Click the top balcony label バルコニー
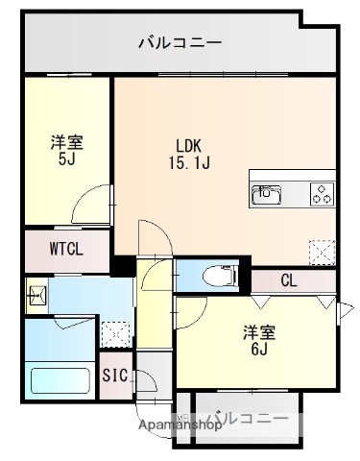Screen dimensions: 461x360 point(180,42)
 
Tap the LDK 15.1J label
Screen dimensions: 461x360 point(188,154)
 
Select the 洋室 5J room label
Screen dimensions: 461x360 point(67,152)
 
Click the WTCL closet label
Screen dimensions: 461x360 point(67,248)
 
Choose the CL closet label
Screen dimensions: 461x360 point(289,280)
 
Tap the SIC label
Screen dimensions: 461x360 point(115,376)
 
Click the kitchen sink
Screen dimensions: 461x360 point(266,195)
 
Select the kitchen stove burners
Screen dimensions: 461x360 point(321,193)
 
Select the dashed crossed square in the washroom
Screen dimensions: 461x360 point(115,332)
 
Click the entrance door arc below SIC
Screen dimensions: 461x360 point(146,381)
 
